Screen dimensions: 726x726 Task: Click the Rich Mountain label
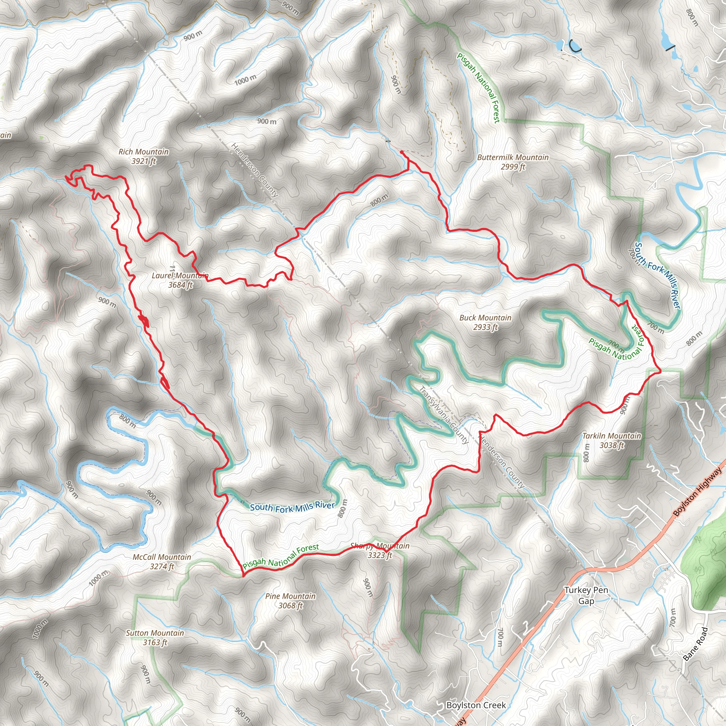144,152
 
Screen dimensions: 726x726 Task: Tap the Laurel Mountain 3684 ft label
180,280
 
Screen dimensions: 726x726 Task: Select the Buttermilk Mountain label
513,157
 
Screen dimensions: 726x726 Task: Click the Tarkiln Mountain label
611,436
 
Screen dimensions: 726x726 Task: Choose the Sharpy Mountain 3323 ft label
380,551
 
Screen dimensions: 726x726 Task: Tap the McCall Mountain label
162,557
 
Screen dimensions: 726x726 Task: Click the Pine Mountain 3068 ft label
290,601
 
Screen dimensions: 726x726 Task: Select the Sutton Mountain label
155,633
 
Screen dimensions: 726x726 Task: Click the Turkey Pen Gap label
586,596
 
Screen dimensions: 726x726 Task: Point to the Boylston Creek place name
476,705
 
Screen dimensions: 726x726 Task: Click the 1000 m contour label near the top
245,80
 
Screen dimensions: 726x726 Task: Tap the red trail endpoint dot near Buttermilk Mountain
402,152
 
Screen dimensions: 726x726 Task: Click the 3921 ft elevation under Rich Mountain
144,161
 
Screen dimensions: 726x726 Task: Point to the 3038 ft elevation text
611,445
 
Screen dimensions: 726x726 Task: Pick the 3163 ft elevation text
155,643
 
